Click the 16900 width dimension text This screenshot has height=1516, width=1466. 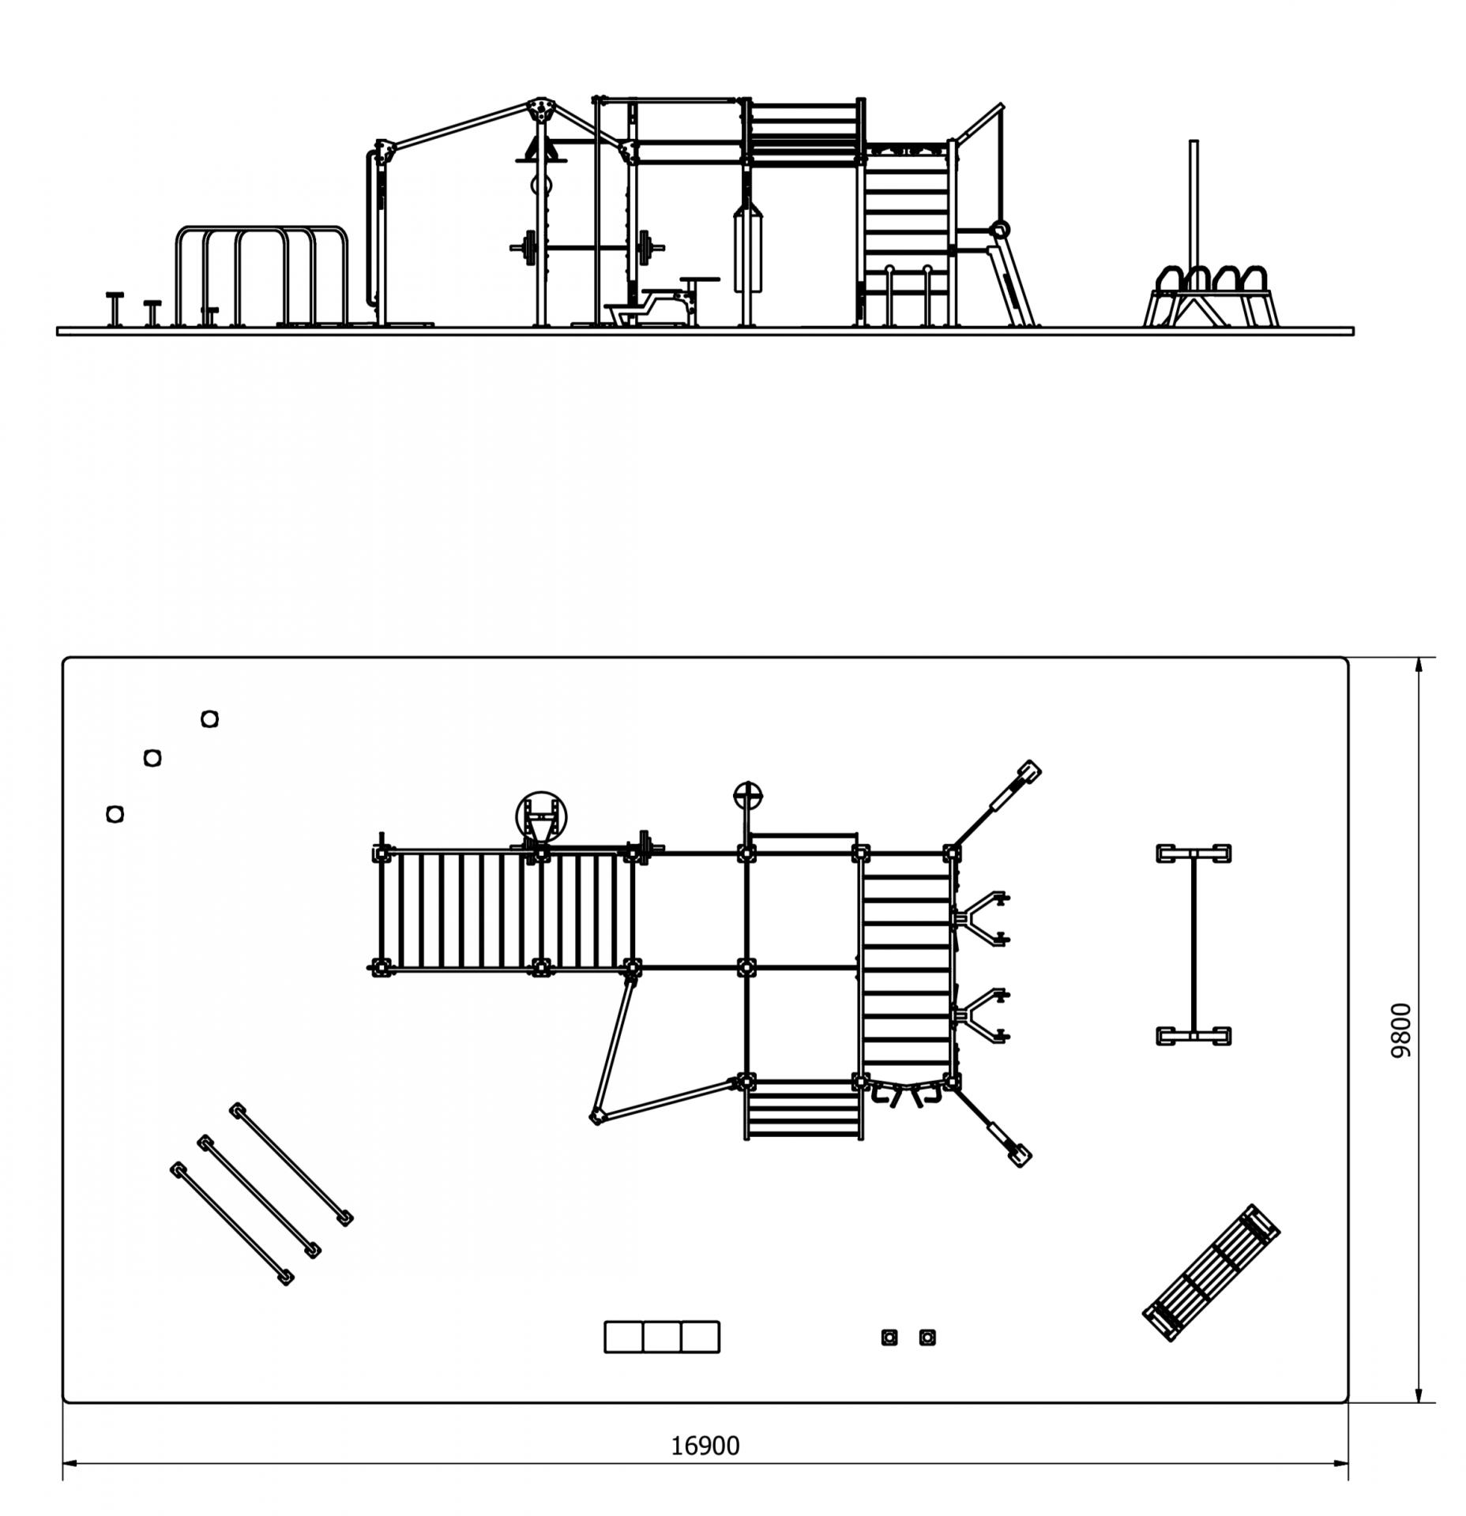(x=705, y=1446)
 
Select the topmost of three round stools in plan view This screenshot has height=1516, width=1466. (x=209, y=719)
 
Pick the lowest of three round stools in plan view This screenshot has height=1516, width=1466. (x=115, y=813)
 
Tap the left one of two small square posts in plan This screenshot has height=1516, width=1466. (x=889, y=1337)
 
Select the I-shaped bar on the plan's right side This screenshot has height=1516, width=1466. (x=1193, y=944)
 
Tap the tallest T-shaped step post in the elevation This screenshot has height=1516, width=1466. (x=115, y=308)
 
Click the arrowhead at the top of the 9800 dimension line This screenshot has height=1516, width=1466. (x=1419, y=665)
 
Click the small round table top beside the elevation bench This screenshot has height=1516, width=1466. (x=700, y=279)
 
